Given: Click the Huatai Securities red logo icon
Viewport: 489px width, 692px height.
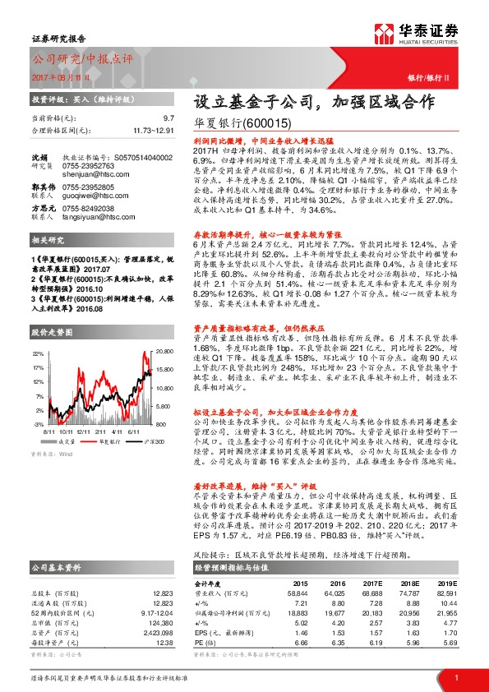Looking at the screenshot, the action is pyautogui.click(x=385, y=32).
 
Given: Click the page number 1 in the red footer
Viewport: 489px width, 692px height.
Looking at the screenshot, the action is pyautogui.click(x=455, y=676).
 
